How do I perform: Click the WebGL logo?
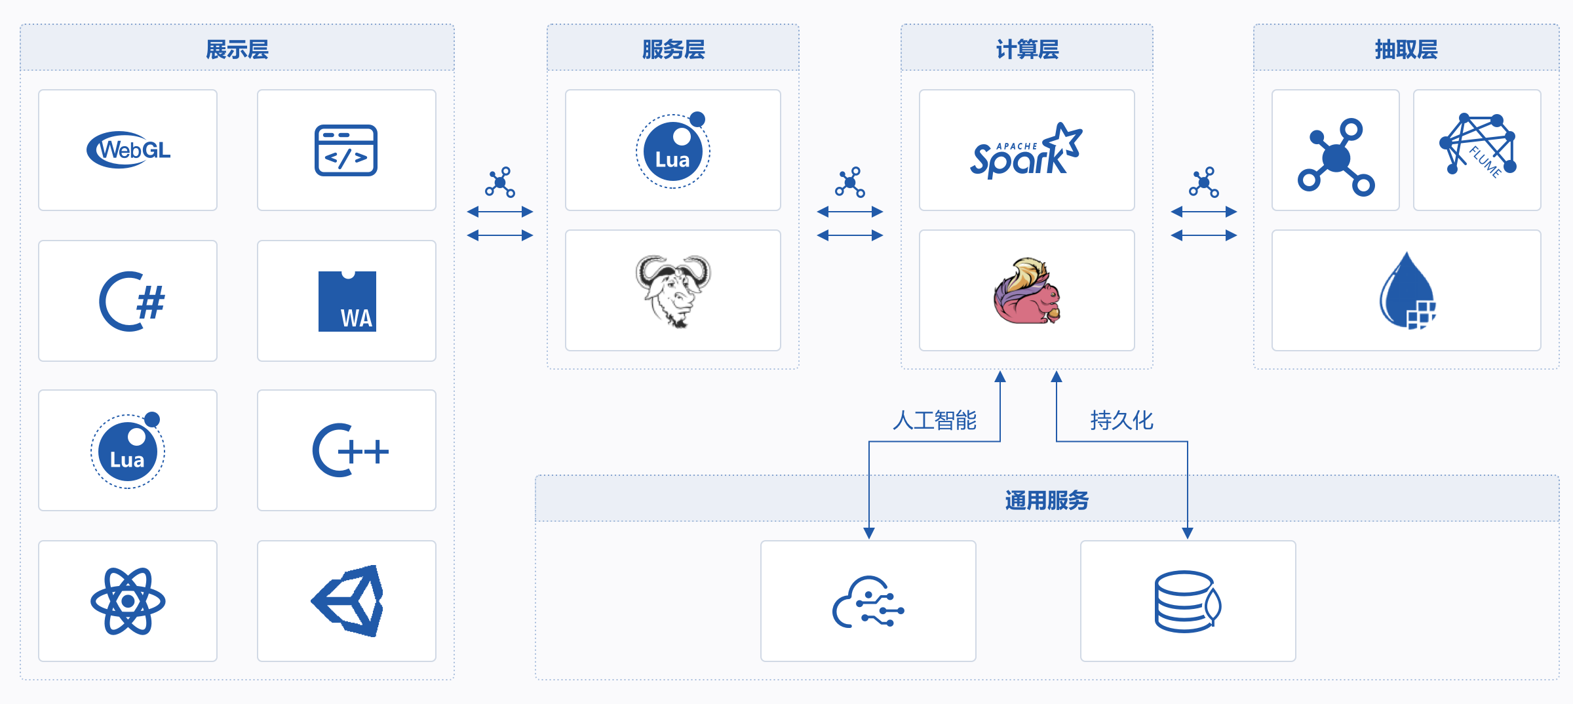pyautogui.click(x=128, y=150)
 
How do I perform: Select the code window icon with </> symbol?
pyautogui.click(x=346, y=150)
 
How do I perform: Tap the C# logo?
pyautogui.click(x=132, y=302)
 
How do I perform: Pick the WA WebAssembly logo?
pyautogui.click(x=347, y=302)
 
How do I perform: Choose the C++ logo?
pyautogui.click(x=350, y=450)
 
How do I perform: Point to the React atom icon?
pyautogui.click(x=128, y=601)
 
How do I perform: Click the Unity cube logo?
pyautogui.click(x=347, y=601)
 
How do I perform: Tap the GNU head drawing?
pyautogui.click(x=673, y=291)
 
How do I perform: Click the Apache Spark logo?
pyautogui.click(x=1026, y=151)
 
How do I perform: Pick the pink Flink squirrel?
pyautogui.click(x=1026, y=291)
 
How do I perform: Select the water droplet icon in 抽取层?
pyautogui.click(x=1407, y=291)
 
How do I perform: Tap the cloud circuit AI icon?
pyautogui.click(x=868, y=602)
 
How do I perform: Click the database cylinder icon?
pyautogui.click(x=1188, y=601)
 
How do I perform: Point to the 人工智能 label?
pyautogui.click(x=935, y=420)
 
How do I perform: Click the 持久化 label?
pyautogui.click(x=1121, y=420)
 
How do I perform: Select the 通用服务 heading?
pyautogui.click(x=1047, y=500)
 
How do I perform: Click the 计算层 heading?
pyautogui.click(x=1027, y=49)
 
